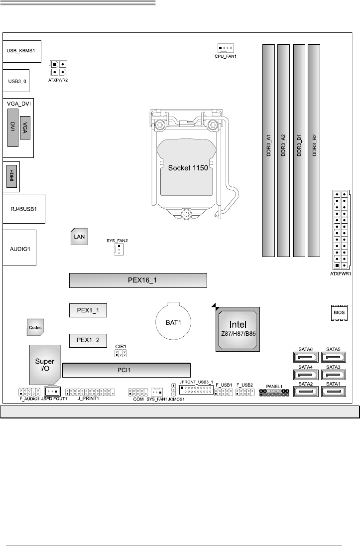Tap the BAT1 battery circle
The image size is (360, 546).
[172, 322]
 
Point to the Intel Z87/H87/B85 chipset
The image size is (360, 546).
[238, 328]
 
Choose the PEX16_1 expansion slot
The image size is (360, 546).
[138, 280]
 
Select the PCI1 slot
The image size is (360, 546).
[126, 370]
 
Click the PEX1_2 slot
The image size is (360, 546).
[88, 341]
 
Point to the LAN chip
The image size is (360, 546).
[79, 237]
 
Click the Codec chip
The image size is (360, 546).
[35, 327]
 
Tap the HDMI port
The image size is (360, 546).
[11, 176]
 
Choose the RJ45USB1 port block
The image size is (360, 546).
[23, 208]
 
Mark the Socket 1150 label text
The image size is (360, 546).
[188, 167]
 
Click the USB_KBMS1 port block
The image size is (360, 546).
[21, 51]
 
